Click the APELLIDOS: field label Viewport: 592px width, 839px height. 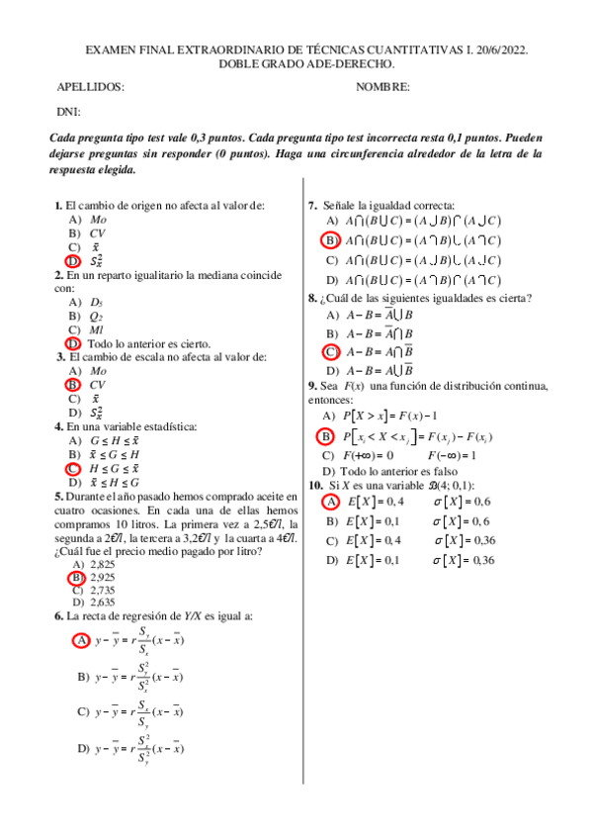(x=91, y=87)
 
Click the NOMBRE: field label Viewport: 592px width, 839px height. (x=382, y=87)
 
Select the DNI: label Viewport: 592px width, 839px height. (x=68, y=112)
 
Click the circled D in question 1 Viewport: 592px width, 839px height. (x=72, y=260)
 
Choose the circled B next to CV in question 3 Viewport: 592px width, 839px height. (x=72, y=385)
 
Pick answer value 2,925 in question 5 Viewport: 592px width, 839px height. (x=102, y=576)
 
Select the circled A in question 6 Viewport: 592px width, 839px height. (x=82, y=640)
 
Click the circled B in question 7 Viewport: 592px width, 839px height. (x=332, y=240)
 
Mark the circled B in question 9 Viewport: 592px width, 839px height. (x=325, y=436)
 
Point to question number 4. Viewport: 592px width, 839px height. (x=58, y=426)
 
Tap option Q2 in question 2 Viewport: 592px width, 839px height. (x=97, y=316)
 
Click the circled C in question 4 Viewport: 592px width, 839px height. (x=72, y=468)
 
